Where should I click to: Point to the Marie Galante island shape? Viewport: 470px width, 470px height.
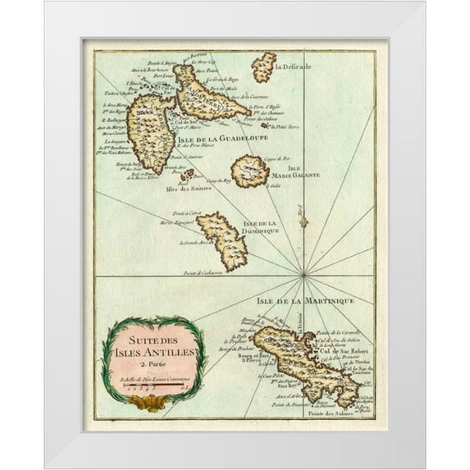tap(249, 172)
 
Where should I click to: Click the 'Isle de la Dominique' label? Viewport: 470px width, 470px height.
tap(261, 226)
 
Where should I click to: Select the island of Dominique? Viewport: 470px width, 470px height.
tap(222, 241)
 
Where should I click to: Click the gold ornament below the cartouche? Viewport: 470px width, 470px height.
tap(150, 402)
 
